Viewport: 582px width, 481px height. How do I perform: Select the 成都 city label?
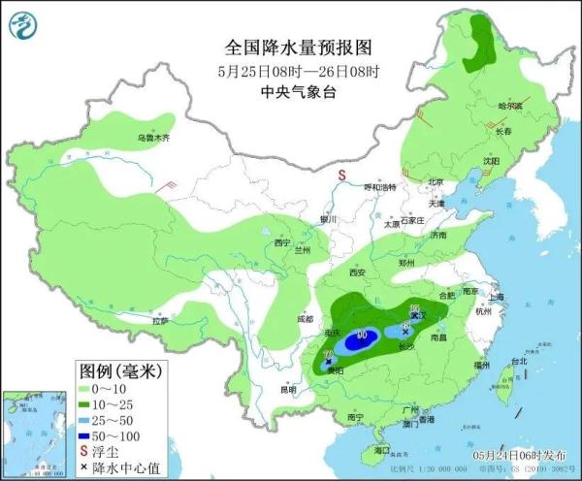click(306, 318)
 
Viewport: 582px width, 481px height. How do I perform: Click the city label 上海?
click(498, 297)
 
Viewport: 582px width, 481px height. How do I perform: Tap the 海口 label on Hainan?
click(381, 451)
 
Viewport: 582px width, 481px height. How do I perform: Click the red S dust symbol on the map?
click(341, 175)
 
